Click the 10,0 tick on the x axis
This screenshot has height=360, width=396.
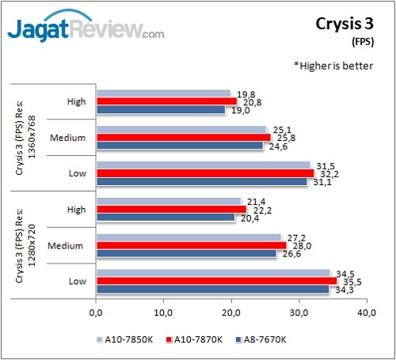163,313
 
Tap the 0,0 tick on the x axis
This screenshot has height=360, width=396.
96,313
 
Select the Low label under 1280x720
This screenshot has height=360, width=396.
76,280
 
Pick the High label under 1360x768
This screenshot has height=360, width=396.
76,101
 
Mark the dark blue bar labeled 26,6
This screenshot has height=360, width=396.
185,254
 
